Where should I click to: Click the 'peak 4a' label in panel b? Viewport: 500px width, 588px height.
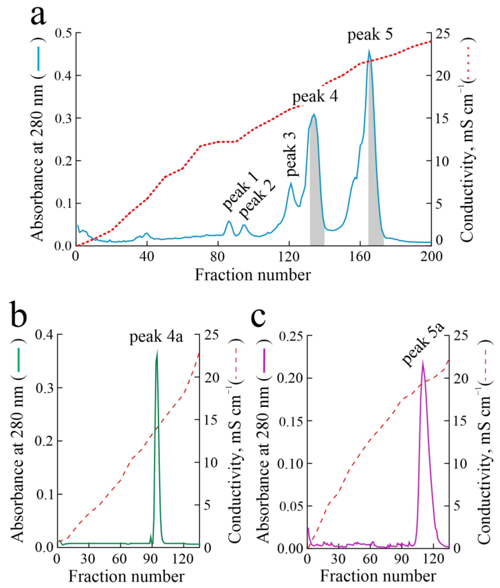(156, 337)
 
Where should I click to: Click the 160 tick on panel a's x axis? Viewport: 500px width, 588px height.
(360, 256)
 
